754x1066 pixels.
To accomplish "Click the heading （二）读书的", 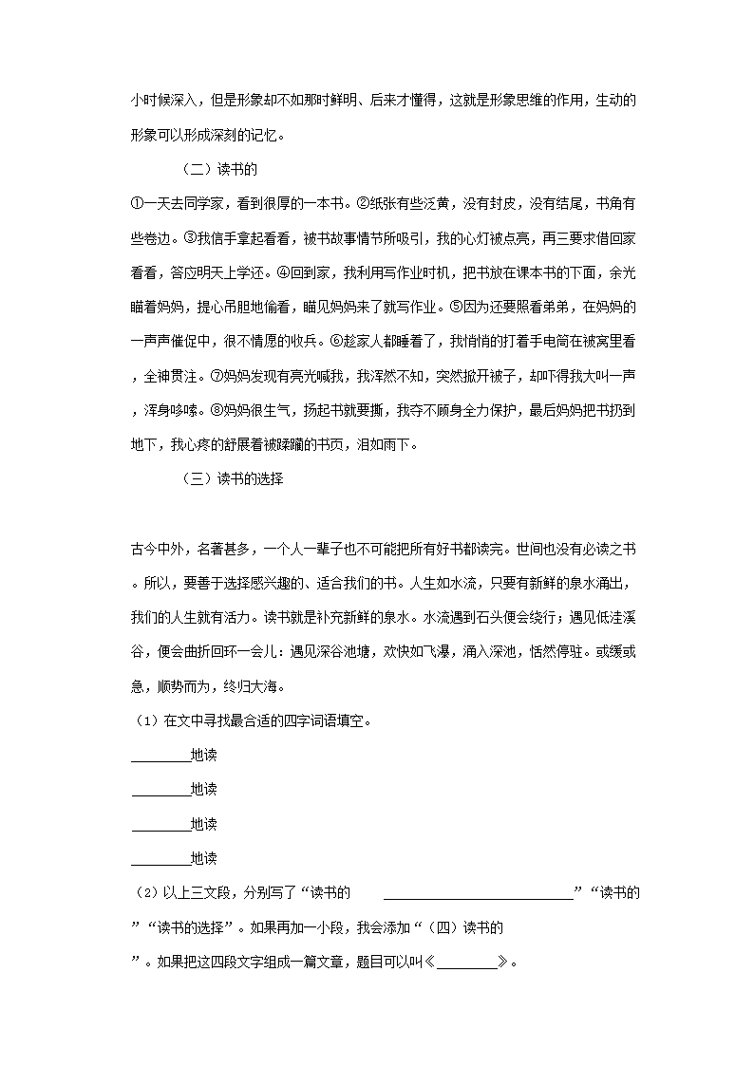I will pos(218,170).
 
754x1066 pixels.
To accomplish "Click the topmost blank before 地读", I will pos(160,756).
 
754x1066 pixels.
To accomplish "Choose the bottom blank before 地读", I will pos(160,859).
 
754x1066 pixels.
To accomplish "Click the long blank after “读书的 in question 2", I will pos(479,892).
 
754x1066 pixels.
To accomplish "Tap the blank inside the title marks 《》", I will pos(467,961).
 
